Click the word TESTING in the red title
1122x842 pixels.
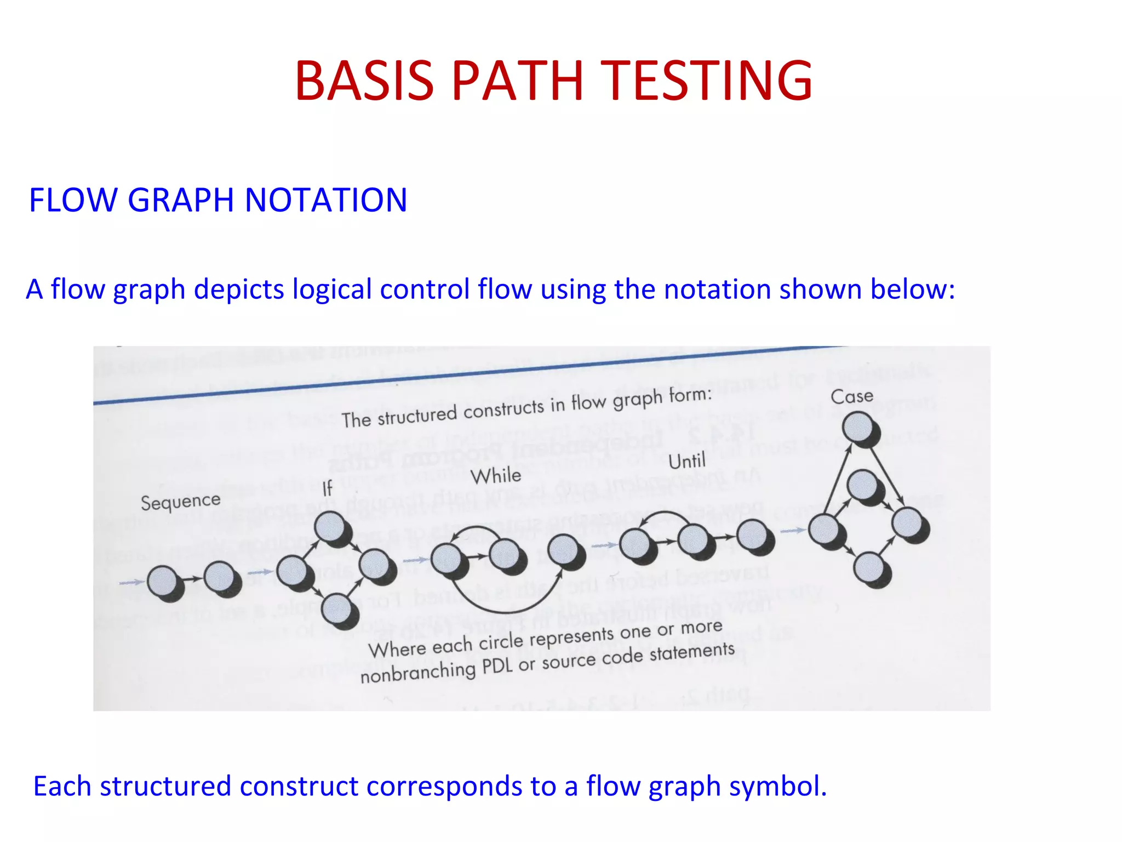tap(707, 81)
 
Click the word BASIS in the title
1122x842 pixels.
tap(364, 81)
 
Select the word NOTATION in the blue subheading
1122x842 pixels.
tap(325, 200)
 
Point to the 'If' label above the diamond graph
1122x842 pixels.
tap(327, 488)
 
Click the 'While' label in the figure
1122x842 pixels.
tap(496, 475)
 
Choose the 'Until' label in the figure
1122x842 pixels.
tap(686, 461)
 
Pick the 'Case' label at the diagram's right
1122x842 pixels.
tap(851, 396)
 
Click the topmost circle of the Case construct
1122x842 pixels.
tap(857, 426)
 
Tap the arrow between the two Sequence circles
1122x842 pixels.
tap(192, 579)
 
